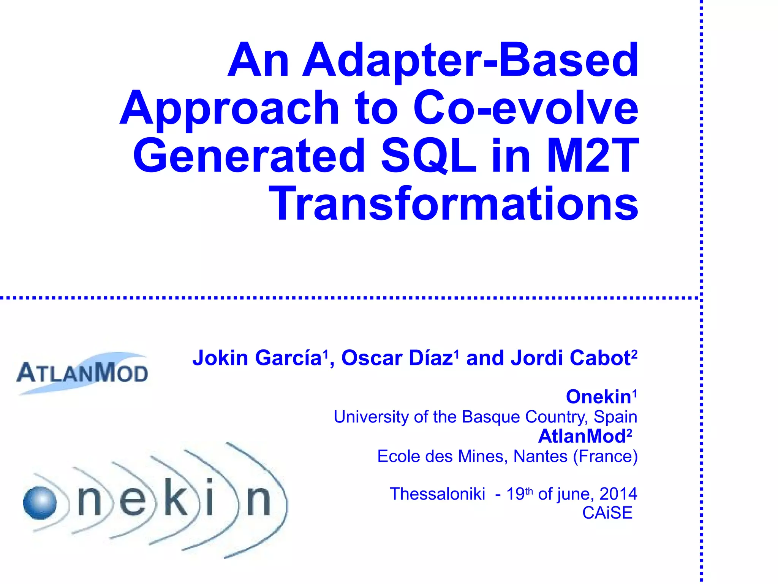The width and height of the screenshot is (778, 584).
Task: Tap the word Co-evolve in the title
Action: [526, 108]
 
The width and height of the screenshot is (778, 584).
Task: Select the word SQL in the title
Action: [429, 156]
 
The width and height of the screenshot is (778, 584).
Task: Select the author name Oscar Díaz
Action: [397, 358]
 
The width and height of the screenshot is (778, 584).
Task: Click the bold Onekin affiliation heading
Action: [598, 397]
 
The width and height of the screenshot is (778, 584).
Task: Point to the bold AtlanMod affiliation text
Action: [582, 436]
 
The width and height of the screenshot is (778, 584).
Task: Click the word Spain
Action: [615, 417]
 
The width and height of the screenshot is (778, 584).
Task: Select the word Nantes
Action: [540, 456]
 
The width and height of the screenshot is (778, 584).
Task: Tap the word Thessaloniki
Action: [438, 494]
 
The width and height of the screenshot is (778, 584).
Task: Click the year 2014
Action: [618, 494]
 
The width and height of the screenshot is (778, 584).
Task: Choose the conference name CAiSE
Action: [607, 513]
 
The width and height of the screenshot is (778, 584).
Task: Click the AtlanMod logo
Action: [82, 373]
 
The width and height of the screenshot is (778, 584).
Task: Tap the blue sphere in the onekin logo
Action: [40, 502]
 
